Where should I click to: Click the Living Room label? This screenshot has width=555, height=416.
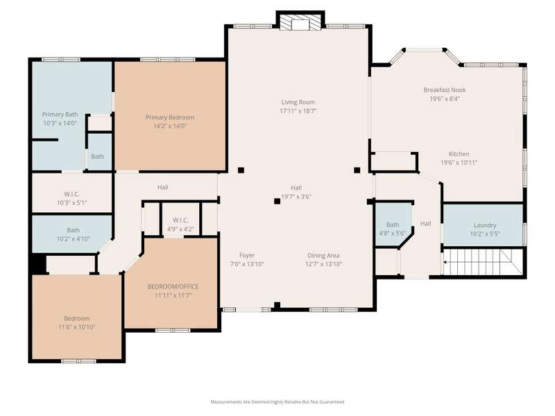[298, 102]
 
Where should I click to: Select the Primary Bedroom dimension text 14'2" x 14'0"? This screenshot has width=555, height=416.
[170, 126]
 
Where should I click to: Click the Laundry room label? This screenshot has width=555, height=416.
[485, 225]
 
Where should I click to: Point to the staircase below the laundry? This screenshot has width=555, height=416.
[482, 261]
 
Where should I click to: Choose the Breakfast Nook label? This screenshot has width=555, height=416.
[445, 90]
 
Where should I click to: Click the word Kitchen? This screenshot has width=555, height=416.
[459, 154]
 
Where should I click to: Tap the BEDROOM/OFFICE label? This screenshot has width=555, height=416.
[173, 286]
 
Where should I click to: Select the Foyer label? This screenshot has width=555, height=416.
[247, 255]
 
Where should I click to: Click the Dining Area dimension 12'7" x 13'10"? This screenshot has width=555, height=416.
[323, 264]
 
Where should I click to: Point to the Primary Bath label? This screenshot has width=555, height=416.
[60, 114]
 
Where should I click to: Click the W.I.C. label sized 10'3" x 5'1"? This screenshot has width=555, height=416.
[72, 194]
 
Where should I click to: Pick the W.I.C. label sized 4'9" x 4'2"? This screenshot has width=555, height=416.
[180, 220]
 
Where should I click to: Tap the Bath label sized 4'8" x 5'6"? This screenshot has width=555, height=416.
[393, 225]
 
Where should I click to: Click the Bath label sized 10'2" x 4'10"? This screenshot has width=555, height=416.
[74, 230]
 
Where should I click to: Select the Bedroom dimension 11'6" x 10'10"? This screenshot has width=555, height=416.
[77, 327]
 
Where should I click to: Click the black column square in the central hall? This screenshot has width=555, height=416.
[277, 201]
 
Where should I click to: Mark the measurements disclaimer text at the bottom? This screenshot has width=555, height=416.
[277, 402]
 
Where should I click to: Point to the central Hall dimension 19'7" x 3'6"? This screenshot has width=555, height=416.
[296, 197]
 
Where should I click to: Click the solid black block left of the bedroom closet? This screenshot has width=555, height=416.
[39, 263]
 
